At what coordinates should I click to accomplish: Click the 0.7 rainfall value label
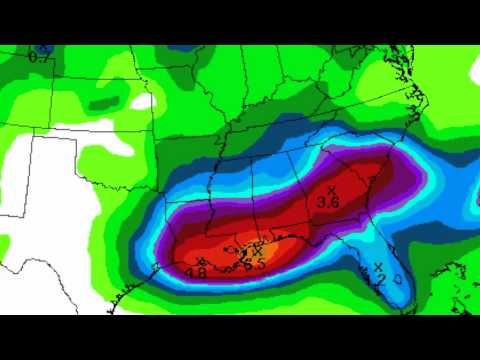pos(40,58)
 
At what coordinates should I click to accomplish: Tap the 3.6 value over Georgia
pos(328,203)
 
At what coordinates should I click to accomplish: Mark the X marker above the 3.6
pos(332,189)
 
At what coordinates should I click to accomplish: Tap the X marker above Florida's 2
pos(379,265)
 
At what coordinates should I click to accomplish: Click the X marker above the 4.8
pos(201,261)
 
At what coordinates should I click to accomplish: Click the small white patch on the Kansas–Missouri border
pos(142,100)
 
